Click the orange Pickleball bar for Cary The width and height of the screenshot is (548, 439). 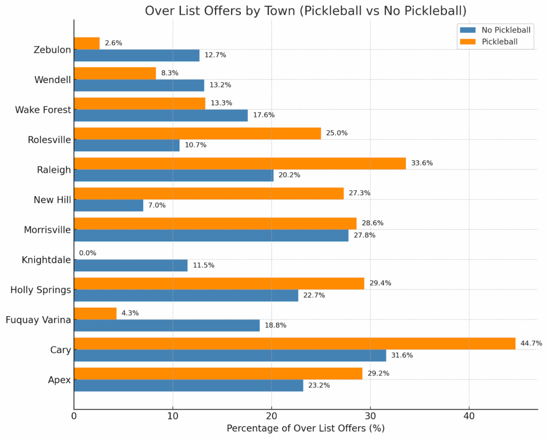pyautogui.click(x=294, y=344)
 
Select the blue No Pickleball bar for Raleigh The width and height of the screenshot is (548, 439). pyautogui.click(x=173, y=176)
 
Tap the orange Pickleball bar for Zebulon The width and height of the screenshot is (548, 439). pyautogui.click(x=87, y=43)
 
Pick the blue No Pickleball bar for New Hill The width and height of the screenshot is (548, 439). pyautogui.click(x=109, y=206)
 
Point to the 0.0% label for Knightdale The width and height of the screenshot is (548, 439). pyautogui.click(x=88, y=253)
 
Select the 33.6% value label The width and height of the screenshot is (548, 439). pyautogui.click(x=422, y=163)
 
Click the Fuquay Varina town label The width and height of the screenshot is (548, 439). pyautogui.click(x=38, y=320)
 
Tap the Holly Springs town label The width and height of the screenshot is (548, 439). pyautogui.click(x=41, y=290)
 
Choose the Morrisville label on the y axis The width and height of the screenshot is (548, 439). pyautogui.click(x=47, y=230)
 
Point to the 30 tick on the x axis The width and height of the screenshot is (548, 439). pyautogui.click(x=370, y=415)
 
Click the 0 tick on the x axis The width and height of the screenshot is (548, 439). pyautogui.click(x=74, y=415)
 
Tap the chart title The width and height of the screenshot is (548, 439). pyautogui.click(x=306, y=11)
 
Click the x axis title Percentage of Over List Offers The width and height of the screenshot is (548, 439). pyautogui.click(x=306, y=428)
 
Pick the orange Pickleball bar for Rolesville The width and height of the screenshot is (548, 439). pyautogui.click(x=197, y=133)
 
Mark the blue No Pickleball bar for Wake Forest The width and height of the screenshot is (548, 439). pyautogui.click(x=161, y=116)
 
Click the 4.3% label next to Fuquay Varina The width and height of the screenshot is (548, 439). pyautogui.click(x=130, y=313)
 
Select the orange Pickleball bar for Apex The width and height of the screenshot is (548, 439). pyautogui.click(x=218, y=374)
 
